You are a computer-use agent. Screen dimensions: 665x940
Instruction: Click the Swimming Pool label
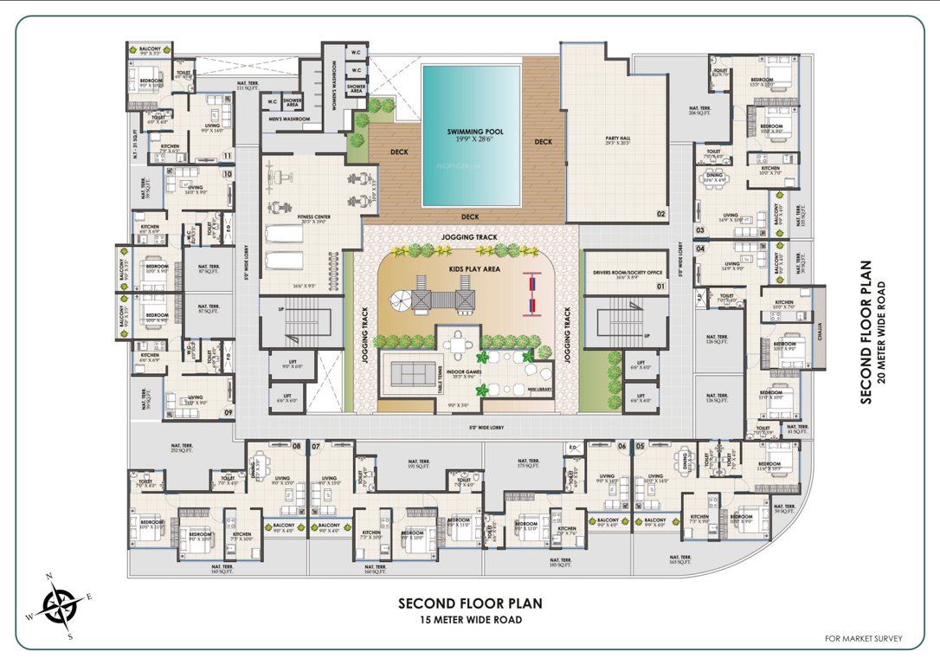tap(475, 132)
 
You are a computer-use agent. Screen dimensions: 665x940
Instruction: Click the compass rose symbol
tap(60, 603)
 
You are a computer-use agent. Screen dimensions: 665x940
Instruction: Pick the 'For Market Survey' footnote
tap(863, 639)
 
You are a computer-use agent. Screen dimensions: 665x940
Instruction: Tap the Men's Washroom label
tap(289, 119)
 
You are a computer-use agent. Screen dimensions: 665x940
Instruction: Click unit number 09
tap(228, 412)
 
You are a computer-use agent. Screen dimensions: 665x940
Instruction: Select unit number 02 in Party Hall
tap(660, 213)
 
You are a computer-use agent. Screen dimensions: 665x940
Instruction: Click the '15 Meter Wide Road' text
tap(470, 619)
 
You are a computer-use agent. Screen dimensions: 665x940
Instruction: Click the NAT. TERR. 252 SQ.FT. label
tap(157, 448)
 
